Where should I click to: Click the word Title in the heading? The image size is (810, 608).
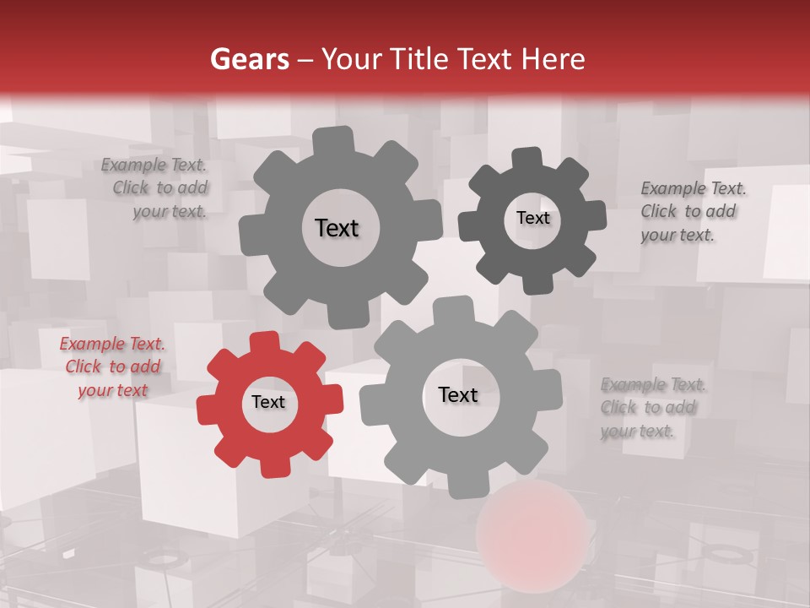point(418,59)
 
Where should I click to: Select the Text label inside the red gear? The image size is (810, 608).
point(268,403)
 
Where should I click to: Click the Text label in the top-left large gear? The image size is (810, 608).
point(337,228)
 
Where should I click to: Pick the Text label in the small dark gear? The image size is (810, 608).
point(532,218)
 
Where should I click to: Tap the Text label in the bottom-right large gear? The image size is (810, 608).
point(458,395)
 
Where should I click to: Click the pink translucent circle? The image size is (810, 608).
point(532,535)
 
